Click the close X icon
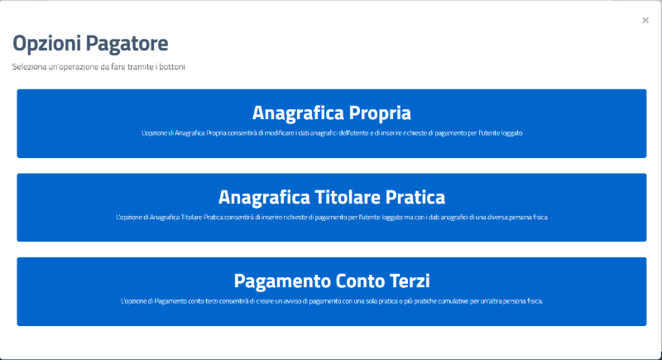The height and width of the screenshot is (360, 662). pos(645,20)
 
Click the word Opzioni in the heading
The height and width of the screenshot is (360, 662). pos(46,44)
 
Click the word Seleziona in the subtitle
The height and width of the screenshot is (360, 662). pos(29,67)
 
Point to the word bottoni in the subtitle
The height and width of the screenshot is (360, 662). pos(172,67)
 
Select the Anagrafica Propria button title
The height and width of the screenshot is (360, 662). pos(332,113)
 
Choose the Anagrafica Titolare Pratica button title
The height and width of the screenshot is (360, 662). pos(332,197)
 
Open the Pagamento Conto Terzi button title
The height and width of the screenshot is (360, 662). pos(332,281)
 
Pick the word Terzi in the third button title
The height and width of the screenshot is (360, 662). pos(410,281)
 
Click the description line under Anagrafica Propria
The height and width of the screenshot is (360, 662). pos(332,133)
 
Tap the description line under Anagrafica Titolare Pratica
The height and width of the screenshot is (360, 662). pos(332,218)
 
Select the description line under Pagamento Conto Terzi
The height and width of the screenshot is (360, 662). pos(332,301)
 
